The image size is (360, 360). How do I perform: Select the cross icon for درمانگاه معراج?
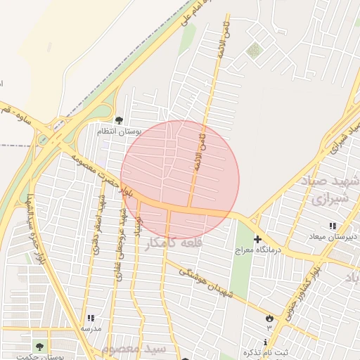pos(257,240)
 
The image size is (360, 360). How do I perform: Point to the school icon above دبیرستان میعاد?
pos(331,226)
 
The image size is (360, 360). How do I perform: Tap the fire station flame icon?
pos(269,319)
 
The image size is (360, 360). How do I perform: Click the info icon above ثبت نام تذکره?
pos(265,342)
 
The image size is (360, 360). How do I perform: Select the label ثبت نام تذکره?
pos(265,352)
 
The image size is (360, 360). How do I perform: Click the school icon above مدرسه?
pos(90,319)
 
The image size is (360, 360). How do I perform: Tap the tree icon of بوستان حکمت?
pos(39,346)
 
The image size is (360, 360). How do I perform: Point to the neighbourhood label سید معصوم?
pos(134,348)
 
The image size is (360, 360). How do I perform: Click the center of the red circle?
pos(180,180)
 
